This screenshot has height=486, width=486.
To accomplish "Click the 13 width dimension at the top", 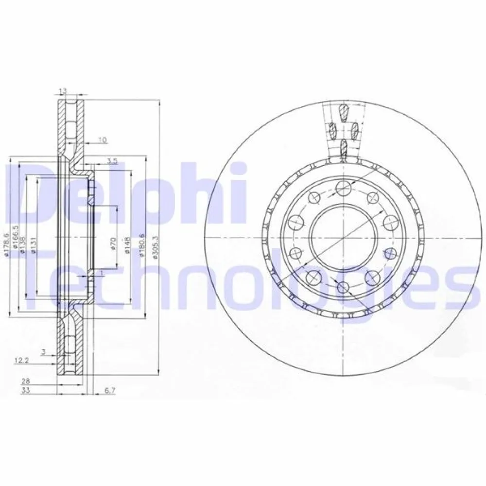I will pyautogui.click(x=63, y=90).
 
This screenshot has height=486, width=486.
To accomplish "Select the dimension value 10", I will pyautogui.click(x=102, y=140).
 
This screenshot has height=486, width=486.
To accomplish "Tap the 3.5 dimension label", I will pyautogui.click(x=112, y=161).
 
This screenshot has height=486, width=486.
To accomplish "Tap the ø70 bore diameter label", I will pyautogui.click(x=113, y=243).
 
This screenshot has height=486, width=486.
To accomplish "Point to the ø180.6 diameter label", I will pyautogui.click(x=141, y=243).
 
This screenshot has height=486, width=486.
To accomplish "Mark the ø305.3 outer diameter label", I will pyautogui.click(x=155, y=247).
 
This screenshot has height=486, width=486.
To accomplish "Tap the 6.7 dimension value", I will pyautogui.click(x=109, y=390).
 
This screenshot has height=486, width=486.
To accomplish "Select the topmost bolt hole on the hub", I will pyautogui.click(x=343, y=187).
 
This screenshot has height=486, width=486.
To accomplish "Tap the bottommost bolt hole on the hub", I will pyautogui.click(x=343, y=287).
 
